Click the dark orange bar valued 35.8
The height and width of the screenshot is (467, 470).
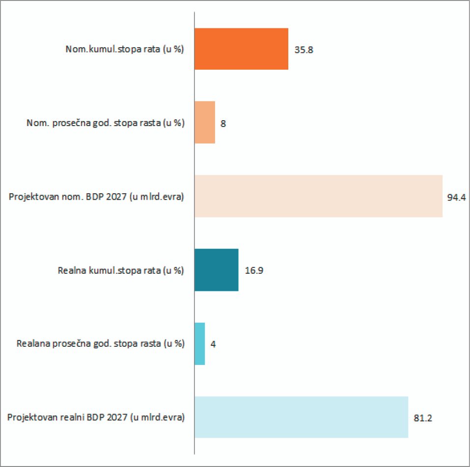coord(241,49)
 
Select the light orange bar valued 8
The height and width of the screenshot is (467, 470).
coord(205,123)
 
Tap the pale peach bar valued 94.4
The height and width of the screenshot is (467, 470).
coord(318,196)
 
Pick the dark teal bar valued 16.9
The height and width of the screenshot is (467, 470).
coord(217,270)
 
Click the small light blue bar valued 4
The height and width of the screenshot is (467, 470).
coord(199,343)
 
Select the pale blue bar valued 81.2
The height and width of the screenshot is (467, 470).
coord(301,417)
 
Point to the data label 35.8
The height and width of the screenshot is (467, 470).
coord(304,50)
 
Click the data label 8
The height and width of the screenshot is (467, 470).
coord(223,124)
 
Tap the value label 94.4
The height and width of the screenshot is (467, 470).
coord(456,197)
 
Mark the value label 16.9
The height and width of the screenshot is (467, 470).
coord(254,271)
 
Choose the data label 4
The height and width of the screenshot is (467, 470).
coord(213,344)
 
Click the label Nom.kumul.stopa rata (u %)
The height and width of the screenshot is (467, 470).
coord(125,50)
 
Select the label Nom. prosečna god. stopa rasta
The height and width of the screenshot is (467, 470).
coord(106,123)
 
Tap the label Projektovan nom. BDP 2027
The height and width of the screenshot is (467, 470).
coord(97,197)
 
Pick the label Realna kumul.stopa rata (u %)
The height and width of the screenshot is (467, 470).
coord(121,270)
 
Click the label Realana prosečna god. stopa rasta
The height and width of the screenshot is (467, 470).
coord(101,344)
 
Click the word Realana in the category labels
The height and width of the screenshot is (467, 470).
coord(31,344)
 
